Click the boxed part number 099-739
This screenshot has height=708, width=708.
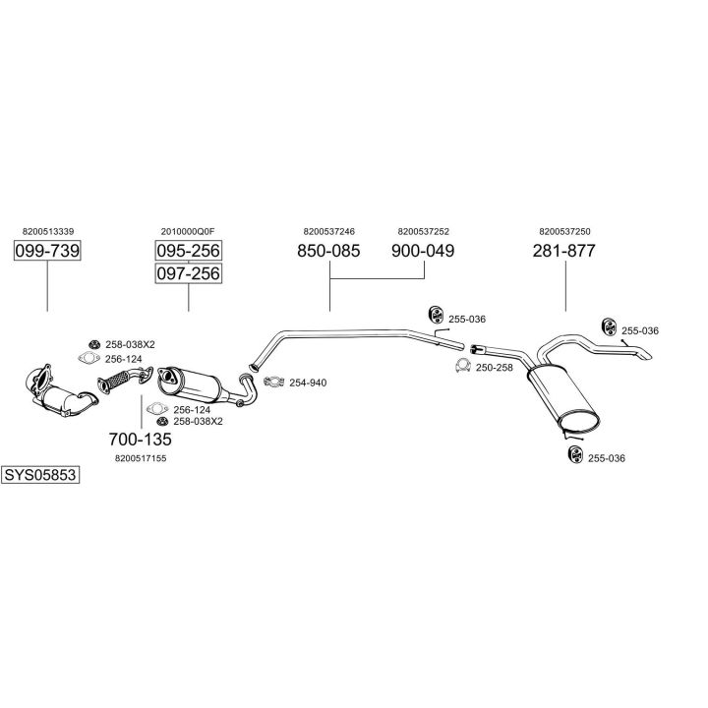click(x=47, y=252)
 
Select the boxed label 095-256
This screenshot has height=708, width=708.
click(x=188, y=251)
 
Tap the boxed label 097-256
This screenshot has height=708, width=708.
click(x=188, y=273)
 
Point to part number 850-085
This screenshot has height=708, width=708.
click(x=328, y=252)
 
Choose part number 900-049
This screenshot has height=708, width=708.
click(x=423, y=252)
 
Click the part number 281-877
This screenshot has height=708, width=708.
click(x=564, y=252)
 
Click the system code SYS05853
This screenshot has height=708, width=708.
click(x=40, y=475)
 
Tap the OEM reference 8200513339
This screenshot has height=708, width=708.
click(x=46, y=232)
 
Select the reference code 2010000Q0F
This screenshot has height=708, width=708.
click(x=187, y=232)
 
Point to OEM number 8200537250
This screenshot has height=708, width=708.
click(x=564, y=232)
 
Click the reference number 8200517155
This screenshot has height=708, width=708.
click(x=142, y=457)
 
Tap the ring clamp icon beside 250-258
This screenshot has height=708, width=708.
click(x=460, y=368)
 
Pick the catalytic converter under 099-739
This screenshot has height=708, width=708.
click(x=61, y=393)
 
